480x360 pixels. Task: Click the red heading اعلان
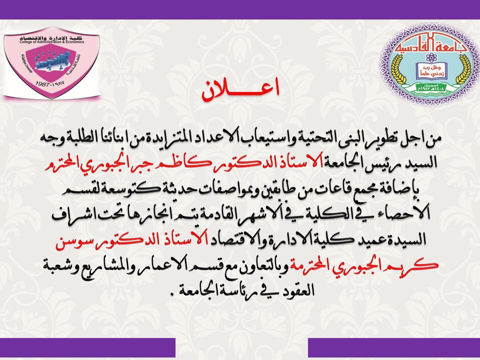click(240, 89)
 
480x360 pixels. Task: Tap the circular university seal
click(430, 64)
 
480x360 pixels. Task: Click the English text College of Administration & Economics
click(51, 42)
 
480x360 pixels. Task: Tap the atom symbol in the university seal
click(431, 56)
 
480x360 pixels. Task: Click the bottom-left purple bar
click(87, 347)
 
